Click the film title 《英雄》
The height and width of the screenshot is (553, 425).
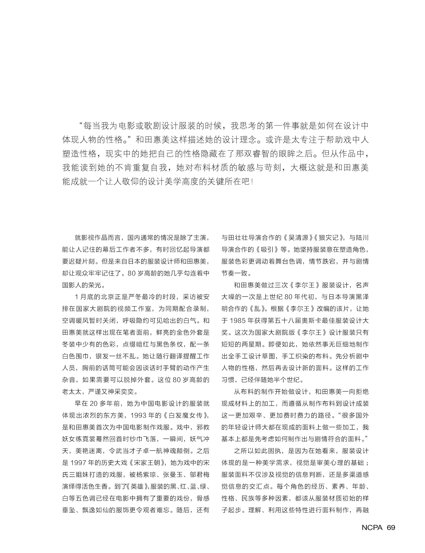click(136, 486)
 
